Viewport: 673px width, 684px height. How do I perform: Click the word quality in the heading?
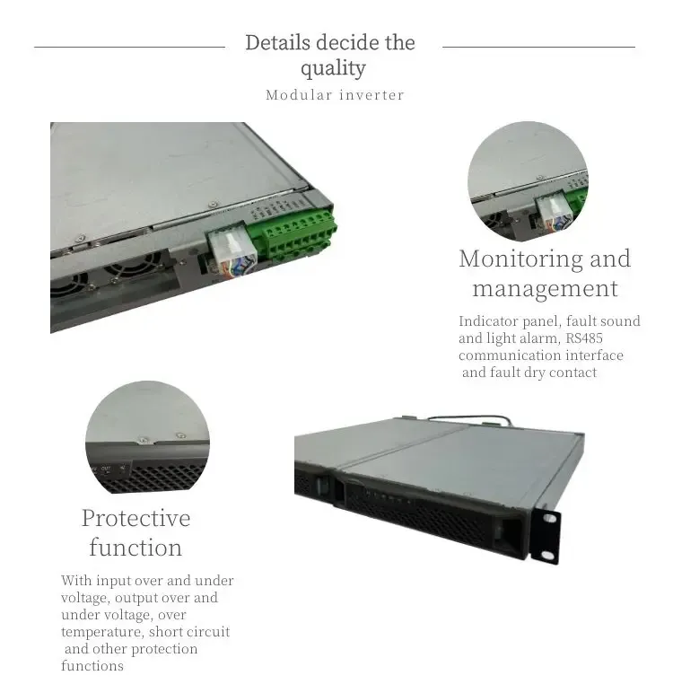point(333,68)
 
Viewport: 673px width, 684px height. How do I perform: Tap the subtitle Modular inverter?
point(335,95)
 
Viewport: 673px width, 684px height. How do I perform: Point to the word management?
point(545,288)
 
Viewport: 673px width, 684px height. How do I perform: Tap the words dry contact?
point(562,373)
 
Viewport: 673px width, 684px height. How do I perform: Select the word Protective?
point(135,518)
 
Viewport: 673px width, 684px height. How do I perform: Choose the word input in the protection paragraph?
point(114,581)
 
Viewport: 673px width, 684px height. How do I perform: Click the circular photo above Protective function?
point(147,437)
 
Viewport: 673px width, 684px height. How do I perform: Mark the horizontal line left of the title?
point(129,47)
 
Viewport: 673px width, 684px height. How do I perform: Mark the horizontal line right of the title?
point(538,47)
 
